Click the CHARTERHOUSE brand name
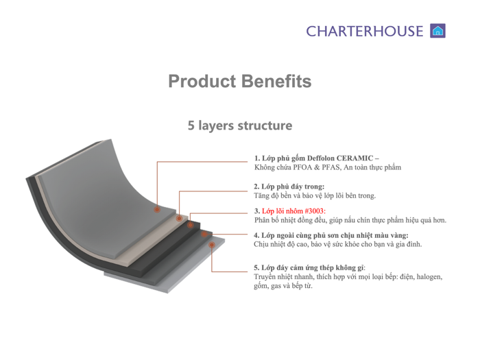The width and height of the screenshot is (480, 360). pos(365,31)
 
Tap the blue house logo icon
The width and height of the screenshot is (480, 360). pos(437,31)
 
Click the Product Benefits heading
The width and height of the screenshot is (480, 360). pos(240,82)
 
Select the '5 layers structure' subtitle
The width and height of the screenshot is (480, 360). pos(240,125)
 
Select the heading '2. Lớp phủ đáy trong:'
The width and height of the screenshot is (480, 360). pos(289,187)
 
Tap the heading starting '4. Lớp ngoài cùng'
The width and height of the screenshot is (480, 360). pos(331,235)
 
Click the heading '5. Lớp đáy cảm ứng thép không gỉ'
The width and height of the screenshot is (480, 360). pos(309,267)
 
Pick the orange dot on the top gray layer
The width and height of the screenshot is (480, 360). pos(157,210)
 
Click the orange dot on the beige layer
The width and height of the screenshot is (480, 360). pos(179,219)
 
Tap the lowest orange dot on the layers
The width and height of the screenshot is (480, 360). pos(212,244)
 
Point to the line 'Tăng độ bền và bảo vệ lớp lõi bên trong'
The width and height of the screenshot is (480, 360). pos(315,195)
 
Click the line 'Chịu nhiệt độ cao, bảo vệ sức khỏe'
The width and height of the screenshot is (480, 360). pos(337,244)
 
